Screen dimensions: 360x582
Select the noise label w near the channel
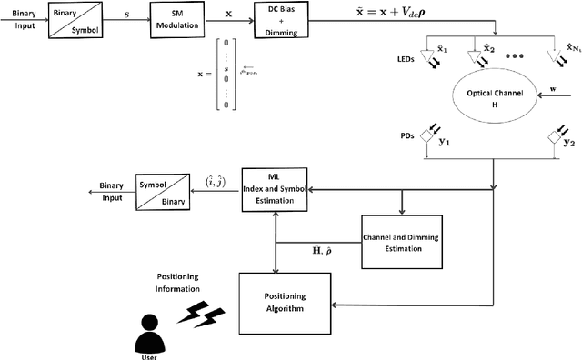(x=553, y=89)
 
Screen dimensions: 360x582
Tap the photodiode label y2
(x=568, y=142)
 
